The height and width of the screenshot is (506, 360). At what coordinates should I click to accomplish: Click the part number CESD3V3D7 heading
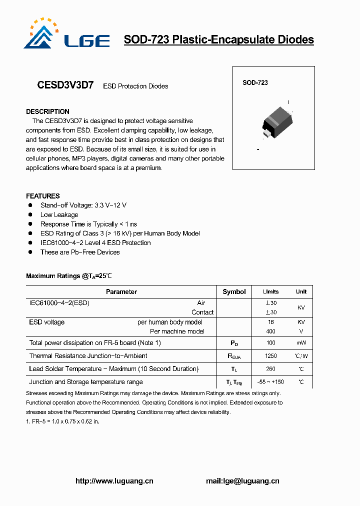[65, 85]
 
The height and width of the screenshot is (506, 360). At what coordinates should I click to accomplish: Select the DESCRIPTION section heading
[47, 111]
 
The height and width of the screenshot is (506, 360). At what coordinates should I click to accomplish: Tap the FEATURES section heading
[43, 196]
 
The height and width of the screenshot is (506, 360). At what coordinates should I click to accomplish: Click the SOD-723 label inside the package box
[255, 82]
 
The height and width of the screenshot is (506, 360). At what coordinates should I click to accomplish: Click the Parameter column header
[121, 291]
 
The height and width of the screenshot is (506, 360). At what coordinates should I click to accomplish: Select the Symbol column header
[234, 291]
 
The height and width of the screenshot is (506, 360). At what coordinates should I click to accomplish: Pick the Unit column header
[301, 291]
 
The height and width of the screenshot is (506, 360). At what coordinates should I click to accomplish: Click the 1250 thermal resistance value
[270, 356]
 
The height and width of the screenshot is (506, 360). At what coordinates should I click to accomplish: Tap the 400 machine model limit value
[270, 331]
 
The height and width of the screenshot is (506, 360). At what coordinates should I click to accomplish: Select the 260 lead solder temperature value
[270, 369]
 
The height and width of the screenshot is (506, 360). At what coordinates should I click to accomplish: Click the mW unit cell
[301, 343]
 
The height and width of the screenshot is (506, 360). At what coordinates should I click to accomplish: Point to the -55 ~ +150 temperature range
[270, 382]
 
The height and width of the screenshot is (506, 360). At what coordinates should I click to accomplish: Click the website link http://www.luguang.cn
[114, 481]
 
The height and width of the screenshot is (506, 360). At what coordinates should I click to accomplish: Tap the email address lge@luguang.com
[242, 481]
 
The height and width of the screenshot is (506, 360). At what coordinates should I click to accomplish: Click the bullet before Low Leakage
[30, 215]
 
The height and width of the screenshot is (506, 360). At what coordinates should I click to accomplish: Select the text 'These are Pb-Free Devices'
[80, 252]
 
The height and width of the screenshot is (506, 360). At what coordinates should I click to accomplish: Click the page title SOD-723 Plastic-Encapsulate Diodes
[218, 39]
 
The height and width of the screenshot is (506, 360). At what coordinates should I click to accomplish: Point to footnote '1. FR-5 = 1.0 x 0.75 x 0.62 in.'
[62, 421]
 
